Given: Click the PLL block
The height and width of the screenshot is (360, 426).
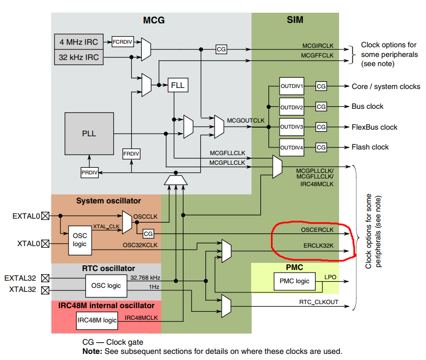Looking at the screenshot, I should pos(89,134).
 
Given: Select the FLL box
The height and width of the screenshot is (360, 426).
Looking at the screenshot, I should pos(178,85).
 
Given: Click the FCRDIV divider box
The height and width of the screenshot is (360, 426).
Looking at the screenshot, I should pos(123,42).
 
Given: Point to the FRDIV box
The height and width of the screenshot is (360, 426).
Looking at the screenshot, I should pos(131,153).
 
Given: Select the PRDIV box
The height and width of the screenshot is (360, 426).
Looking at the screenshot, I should pos(88,173).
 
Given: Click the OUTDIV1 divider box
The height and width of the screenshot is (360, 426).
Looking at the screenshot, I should pos(291,86).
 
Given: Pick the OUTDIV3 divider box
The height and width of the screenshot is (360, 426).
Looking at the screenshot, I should pos(291,127).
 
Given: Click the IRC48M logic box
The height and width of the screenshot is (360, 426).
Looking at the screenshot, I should pos(97,320).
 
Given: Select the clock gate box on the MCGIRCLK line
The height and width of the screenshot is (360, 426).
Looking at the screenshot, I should pos(221,49).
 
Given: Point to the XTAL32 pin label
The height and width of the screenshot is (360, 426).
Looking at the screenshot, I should pos(23,290).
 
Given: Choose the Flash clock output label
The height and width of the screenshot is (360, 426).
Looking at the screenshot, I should pos(370,147).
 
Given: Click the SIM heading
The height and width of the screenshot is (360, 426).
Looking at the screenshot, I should pos(295,20).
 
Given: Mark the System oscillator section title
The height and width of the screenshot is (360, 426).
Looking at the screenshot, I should pos(108,201).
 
